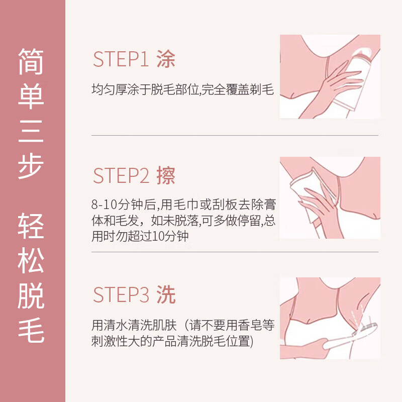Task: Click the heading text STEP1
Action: pos(121,60)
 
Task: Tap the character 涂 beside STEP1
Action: pos(166,60)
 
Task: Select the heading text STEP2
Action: pos(121,176)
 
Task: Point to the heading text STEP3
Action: pos(121,295)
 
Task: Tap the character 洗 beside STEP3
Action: pos(166,295)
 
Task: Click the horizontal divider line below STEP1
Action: pos(235,135)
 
